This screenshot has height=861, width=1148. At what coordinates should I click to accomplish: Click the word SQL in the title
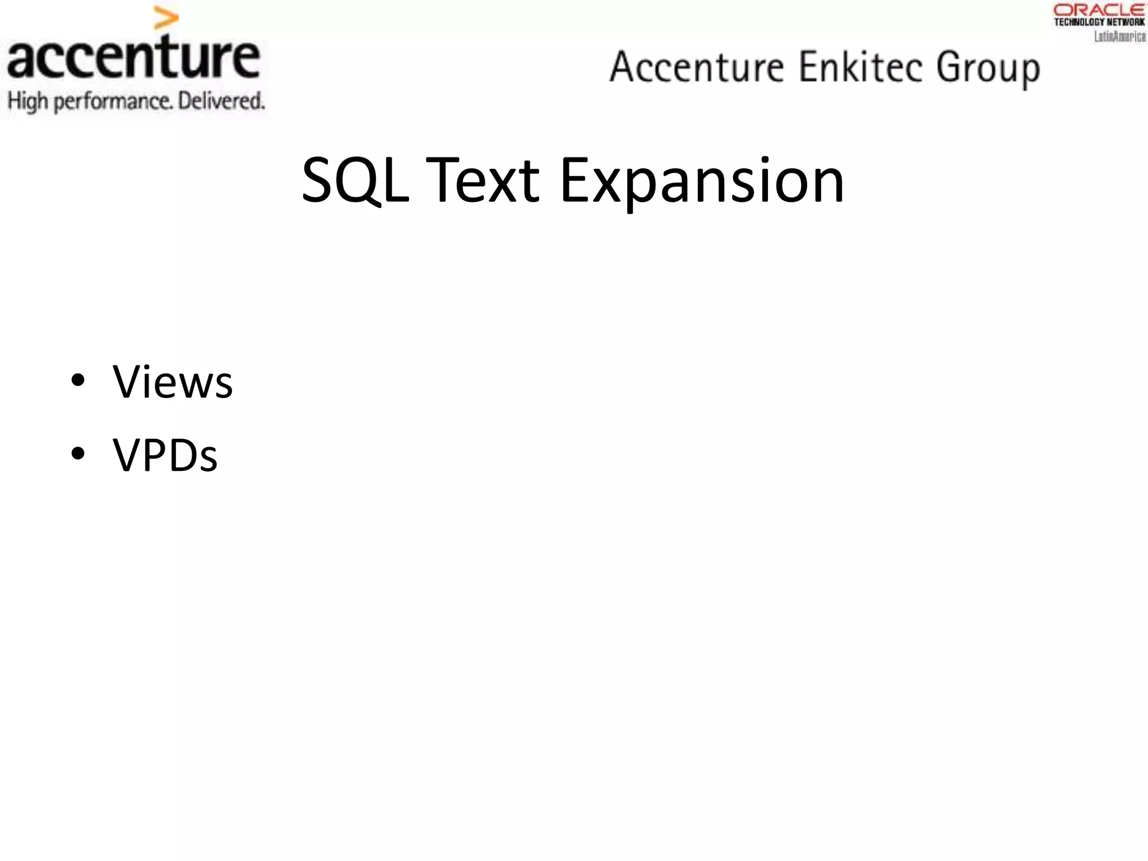coord(355,180)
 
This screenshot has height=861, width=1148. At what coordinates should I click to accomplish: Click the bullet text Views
coord(173,382)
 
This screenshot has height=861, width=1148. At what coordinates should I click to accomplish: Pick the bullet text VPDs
coord(165,455)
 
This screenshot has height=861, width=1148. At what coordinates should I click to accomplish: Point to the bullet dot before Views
coord(78,381)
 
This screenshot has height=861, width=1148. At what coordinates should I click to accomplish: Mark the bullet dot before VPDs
coord(78,453)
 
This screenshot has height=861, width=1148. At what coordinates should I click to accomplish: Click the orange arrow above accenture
coord(166,18)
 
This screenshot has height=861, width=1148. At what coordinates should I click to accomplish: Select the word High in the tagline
coord(27,101)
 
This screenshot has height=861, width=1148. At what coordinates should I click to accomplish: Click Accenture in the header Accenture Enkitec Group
coord(697,67)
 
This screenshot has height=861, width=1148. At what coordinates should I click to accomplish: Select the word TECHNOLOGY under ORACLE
coord(1079,22)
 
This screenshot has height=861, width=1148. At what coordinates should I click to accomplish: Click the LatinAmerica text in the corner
coord(1120,36)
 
